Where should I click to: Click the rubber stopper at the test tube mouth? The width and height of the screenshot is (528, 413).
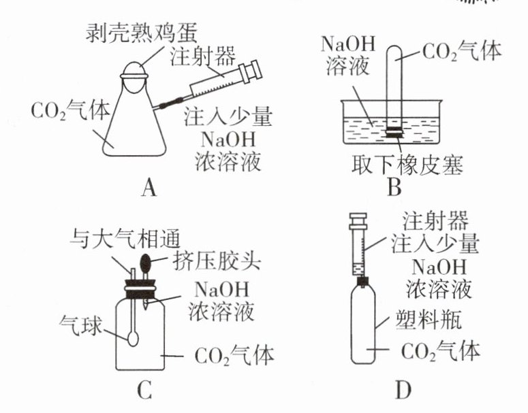(x=394, y=132)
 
